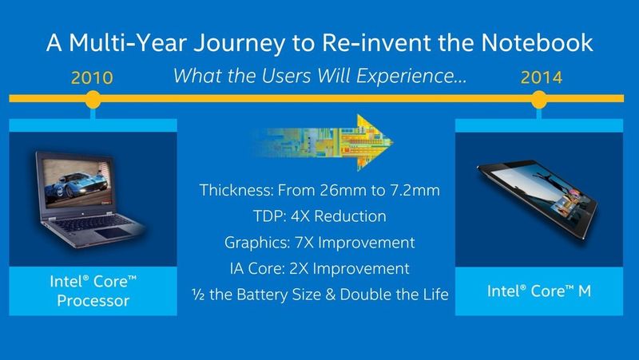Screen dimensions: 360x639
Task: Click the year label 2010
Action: [x=93, y=78]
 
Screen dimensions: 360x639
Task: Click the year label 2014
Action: [x=541, y=78]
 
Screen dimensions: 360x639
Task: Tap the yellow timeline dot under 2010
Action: [x=93, y=100]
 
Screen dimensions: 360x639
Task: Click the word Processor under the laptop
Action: [x=93, y=301]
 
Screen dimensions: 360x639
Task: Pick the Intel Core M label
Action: [x=540, y=291]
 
